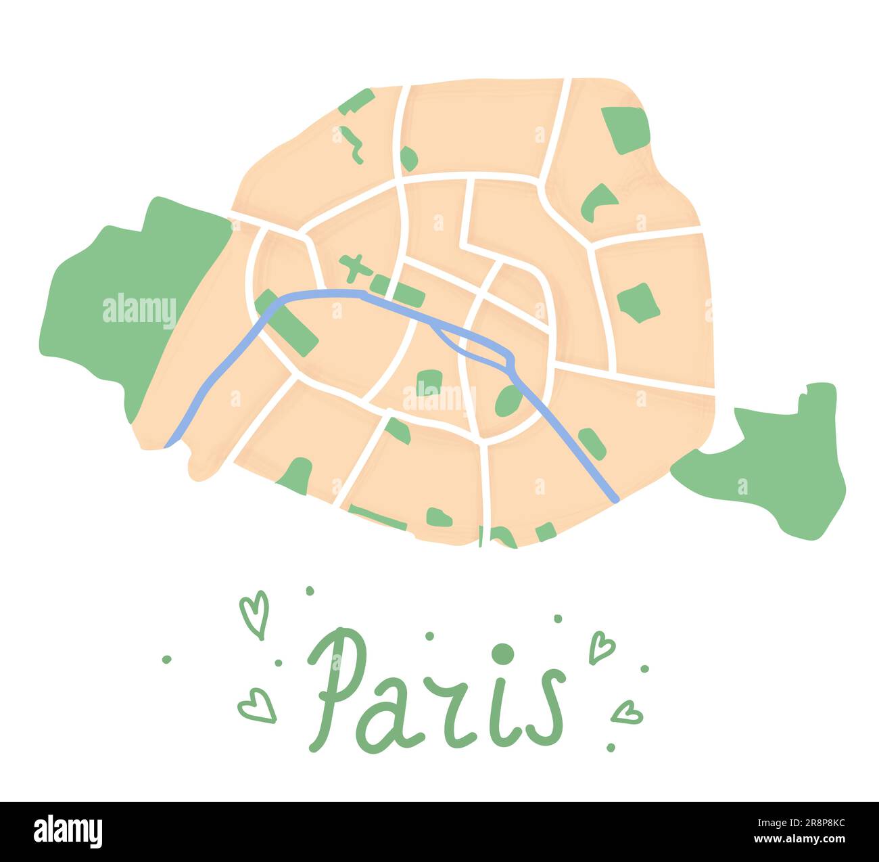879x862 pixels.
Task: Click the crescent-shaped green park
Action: point(597,200)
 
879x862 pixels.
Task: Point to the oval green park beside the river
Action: point(508,401)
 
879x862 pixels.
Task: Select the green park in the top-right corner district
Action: point(625,129)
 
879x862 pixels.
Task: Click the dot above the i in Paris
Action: point(502,654)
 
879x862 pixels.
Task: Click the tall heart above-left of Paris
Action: point(255,613)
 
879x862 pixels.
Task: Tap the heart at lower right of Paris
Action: point(627,712)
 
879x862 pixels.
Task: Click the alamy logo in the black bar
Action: point(68,832)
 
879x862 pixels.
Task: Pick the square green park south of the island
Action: point(429,382)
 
